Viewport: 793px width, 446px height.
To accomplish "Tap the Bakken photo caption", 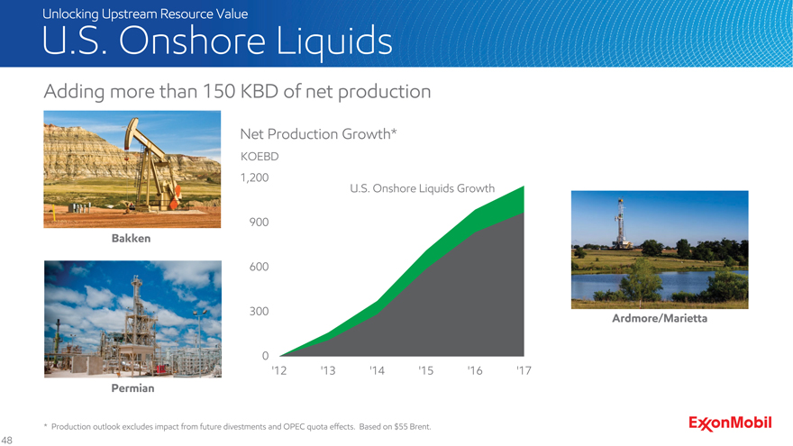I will [131, 240].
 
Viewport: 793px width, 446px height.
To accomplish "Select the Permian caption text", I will [132, 388].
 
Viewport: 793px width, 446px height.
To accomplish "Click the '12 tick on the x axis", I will [278, 371].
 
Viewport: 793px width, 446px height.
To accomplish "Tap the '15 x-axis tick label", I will [426, 371].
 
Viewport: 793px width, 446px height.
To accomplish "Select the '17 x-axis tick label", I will [524, 371].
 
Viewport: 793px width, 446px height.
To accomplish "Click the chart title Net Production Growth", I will [318, 134].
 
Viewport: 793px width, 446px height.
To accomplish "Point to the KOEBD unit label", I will [260, 156].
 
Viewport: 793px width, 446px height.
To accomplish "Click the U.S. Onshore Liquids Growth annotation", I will [422, 188].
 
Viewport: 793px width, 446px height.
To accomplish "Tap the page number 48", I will [7, 440].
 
